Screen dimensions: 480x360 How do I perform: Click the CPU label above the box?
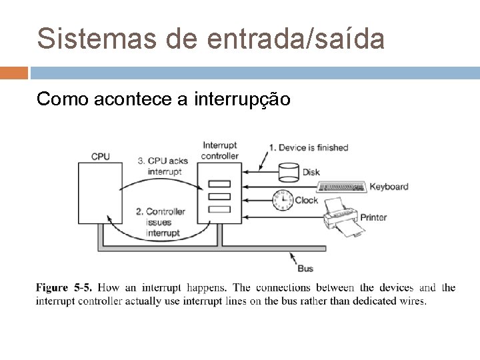tap(101, 156)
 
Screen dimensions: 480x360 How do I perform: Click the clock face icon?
tap(283, 199)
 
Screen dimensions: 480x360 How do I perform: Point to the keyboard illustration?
tap(342, 187)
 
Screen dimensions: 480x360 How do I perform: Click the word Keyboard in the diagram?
tap(389, 187)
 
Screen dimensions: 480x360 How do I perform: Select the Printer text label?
tap(373, 217)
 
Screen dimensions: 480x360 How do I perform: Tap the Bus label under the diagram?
tap(305, 268)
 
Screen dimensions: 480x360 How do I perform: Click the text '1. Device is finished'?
tap(309, 147)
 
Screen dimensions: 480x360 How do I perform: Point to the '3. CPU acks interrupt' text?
tap(163, 165)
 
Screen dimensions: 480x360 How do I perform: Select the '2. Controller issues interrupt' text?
tap(161, 222)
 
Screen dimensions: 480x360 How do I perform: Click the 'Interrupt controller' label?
tap(219, 151)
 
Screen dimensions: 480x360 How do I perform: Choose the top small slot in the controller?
tap(219, 184)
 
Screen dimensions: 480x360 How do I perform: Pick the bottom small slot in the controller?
tap(219, 209)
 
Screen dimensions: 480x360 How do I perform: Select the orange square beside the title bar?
tap(14, 72)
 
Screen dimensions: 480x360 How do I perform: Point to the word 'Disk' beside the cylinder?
tap(311, 172)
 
